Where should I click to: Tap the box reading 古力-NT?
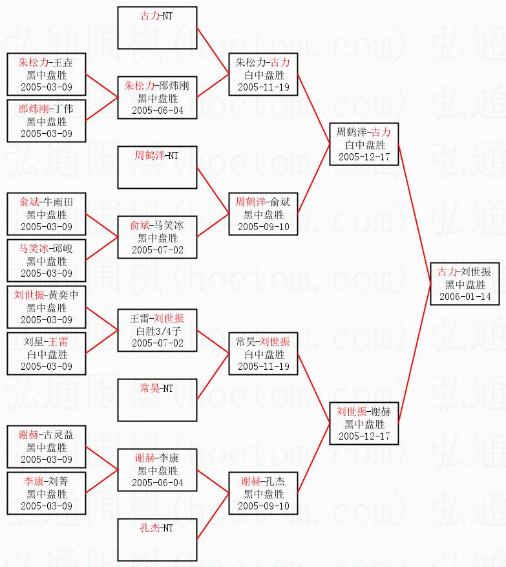coord(158,28)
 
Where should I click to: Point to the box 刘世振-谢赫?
coord(364,423)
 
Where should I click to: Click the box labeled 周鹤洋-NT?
coord(158,167)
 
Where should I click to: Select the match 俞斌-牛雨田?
coord(47,214)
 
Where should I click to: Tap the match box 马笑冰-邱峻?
coord(47,261)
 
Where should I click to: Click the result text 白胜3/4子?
coord(157,331)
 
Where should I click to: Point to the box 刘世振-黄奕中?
coord(47,307)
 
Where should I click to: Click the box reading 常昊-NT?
coord(158,400)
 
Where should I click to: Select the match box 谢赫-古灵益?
coord(47,447)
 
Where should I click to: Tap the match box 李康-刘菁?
coord(47,493)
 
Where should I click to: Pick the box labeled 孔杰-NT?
coord(158,540)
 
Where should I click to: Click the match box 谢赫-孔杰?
coord(263,493)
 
